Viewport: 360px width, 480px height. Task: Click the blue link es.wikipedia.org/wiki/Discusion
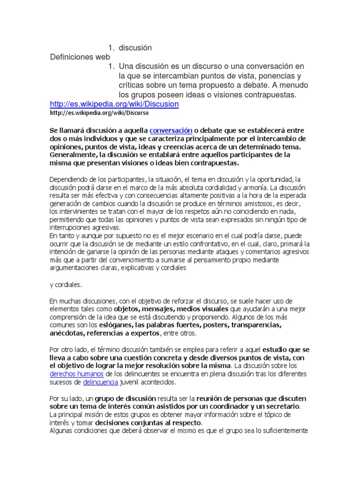114,104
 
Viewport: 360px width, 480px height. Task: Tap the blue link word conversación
171,130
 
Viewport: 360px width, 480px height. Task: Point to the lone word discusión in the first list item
135,48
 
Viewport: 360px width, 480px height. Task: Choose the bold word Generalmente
73,155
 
